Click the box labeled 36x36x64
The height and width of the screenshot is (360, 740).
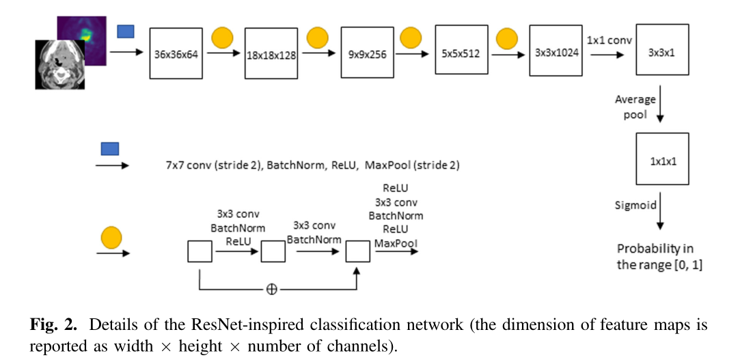click(x=176, y=55)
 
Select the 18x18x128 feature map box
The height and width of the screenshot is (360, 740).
click(x=271, y=55)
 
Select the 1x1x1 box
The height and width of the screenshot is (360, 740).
click(x=662, y=159)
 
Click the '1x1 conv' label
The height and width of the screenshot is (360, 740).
click(x=609, y=40)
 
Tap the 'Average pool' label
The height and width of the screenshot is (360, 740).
click(x=635, y=107)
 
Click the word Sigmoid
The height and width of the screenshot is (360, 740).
click(x=637, y=204)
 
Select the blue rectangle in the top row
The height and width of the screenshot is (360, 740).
click(x=126, y=31)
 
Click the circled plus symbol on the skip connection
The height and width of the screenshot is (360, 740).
click(x=272, y=289)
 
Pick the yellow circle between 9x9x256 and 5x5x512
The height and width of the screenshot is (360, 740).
click(x=410, y=36)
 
